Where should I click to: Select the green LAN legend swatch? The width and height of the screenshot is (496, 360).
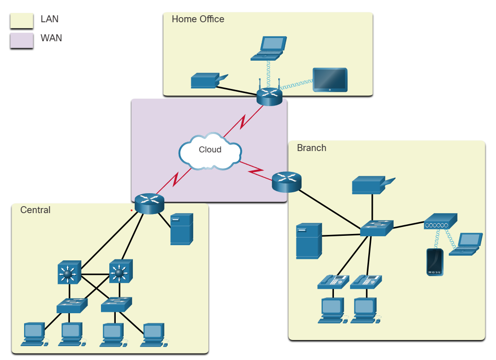[21, 21]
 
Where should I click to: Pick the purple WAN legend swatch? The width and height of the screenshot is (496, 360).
[21, 40]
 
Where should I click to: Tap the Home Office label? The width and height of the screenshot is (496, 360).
[198, 19]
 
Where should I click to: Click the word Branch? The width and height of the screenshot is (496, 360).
[311, 148]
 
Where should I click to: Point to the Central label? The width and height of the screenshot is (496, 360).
[35, 210]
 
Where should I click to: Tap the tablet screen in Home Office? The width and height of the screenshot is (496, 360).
[330, 79]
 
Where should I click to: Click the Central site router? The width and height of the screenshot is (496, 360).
[150, 204]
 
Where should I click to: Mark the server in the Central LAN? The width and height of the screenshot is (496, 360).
[182, 229]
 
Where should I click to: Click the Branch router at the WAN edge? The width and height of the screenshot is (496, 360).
[286, 182]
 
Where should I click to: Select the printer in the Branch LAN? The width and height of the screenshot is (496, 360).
[371, 185]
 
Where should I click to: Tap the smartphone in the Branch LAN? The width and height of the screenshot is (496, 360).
[435, 262]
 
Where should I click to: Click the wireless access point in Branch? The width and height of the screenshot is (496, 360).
[440, 221]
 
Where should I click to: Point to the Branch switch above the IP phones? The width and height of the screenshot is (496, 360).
[377, 227]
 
